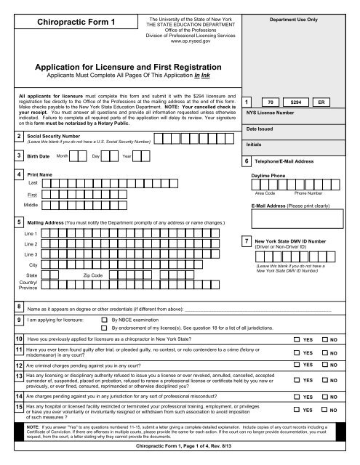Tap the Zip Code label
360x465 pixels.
pos(116,277)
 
